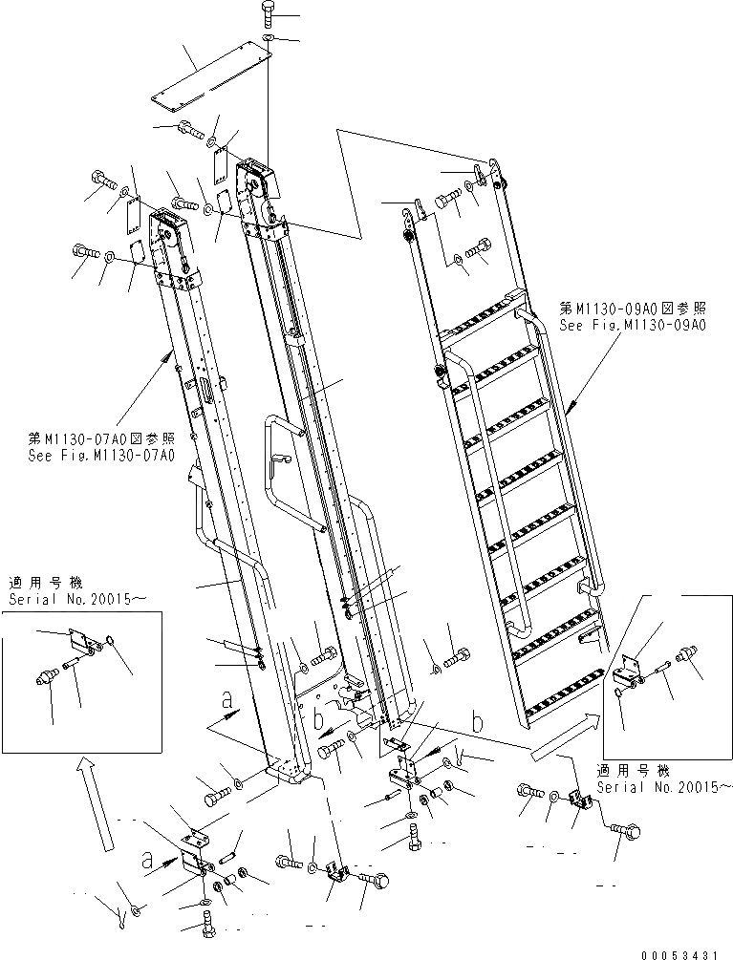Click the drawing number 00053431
(687, 952)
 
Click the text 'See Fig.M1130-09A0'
(632, 325)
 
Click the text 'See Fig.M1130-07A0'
(101, 455)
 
